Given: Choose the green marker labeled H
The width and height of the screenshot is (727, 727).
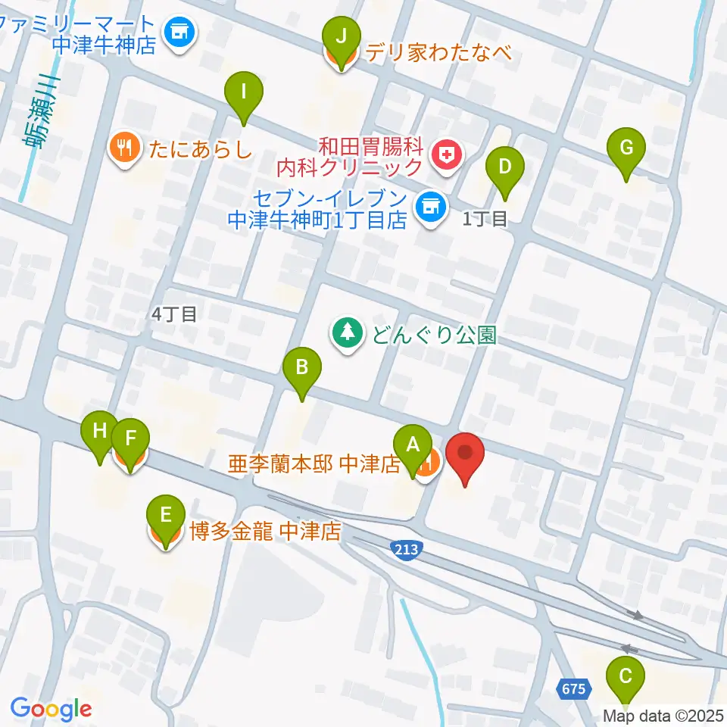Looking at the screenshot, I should (100, 434).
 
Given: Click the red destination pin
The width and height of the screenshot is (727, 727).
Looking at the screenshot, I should (464, 454).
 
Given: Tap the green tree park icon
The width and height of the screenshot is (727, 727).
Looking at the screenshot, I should (348, 332).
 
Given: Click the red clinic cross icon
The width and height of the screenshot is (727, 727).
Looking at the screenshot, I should (448, 156).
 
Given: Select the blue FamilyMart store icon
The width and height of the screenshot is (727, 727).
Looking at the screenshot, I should (179, 32).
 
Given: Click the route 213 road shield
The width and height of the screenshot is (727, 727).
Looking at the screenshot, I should (403, 547).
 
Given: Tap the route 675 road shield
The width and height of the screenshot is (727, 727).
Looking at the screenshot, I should (574, 688).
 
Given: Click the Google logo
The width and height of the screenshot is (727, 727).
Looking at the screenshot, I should (51, 709).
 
